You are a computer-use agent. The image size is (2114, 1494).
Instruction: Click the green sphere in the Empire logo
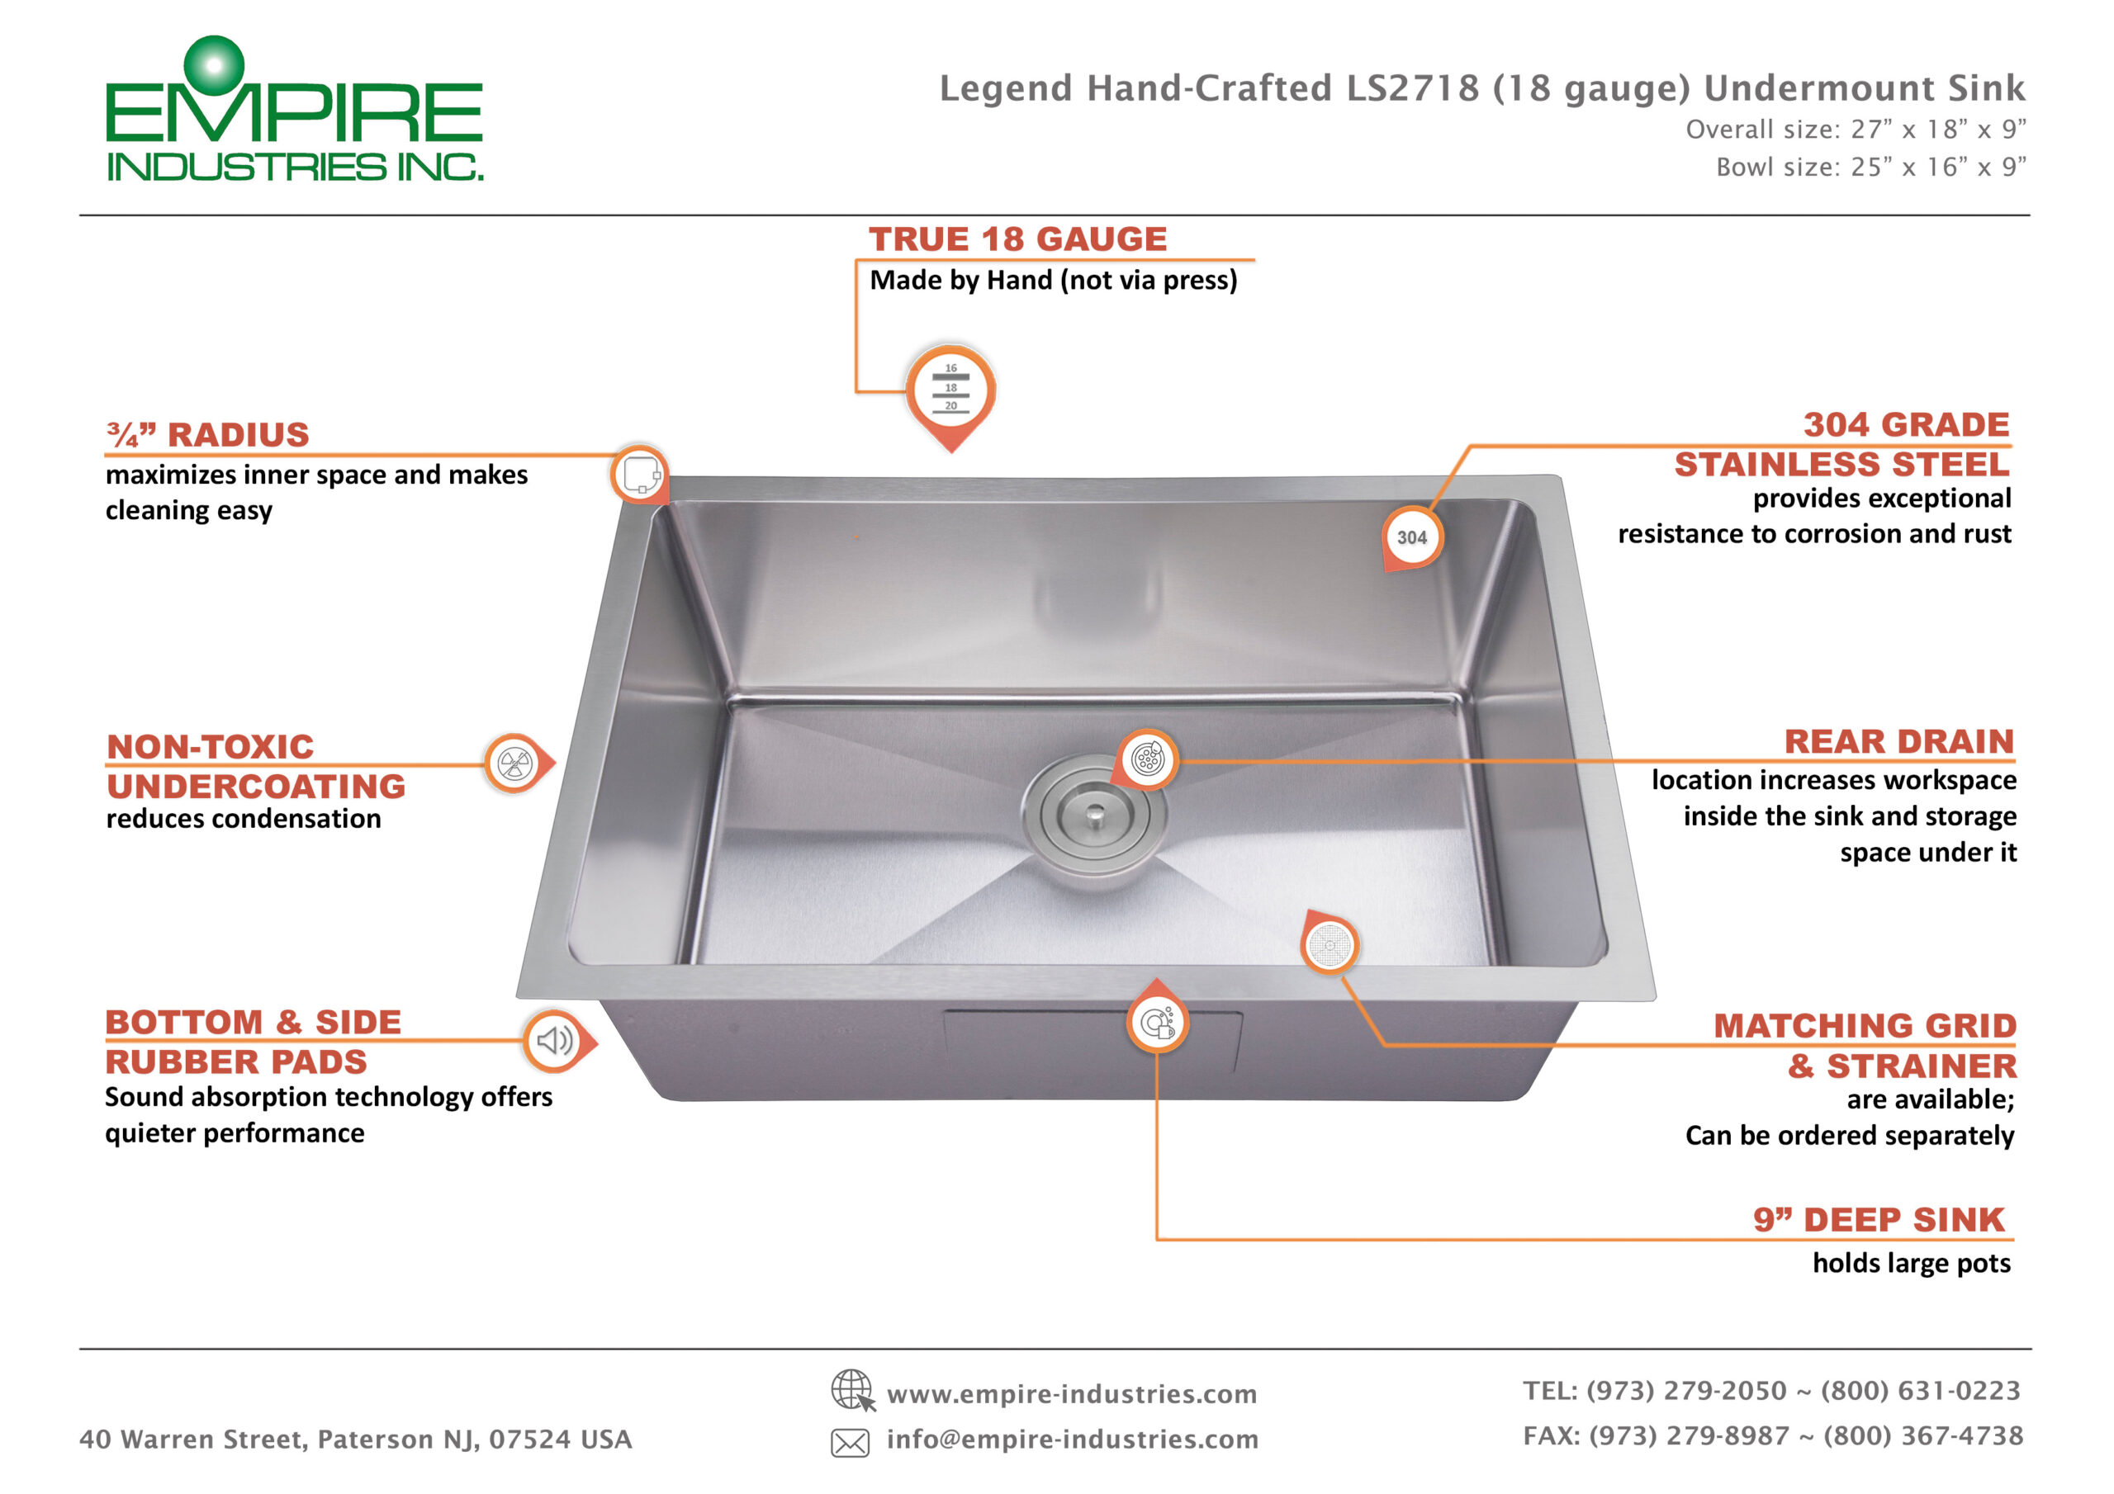[x=214, y=65]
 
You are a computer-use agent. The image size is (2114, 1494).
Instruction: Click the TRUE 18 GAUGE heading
[x=1017, y=239]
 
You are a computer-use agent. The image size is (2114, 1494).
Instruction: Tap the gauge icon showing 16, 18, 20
[x=951, y=389]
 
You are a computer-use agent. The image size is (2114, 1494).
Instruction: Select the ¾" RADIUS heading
[x=208, y=433]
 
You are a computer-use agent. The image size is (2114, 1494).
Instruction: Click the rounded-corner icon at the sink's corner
[x=640, y=474]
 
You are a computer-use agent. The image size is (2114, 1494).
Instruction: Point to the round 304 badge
[x=1411, y=537]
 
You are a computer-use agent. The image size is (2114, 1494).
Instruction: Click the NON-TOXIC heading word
[x=210, y=746]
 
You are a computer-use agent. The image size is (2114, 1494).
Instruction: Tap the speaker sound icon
[x=554, y=1041]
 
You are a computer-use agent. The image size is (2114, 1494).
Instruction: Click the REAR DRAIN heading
[x=1899, y=741]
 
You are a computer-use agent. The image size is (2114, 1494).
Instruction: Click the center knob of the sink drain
[x=1095, y=813]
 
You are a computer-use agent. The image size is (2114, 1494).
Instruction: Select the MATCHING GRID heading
[x=1865, y=1025]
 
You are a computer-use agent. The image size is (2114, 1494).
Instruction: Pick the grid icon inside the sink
[x=1330, y=945]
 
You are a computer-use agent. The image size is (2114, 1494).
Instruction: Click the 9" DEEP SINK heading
[x=1879, y=1220]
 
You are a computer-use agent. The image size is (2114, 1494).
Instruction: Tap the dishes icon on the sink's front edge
[x=1158, y=1023]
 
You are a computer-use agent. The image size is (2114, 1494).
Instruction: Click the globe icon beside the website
[x=852, y=1390]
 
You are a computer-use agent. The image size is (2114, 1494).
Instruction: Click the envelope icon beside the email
[x=850, y=1443]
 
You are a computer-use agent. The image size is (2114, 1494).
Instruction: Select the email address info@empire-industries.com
[x=1073, y=1439]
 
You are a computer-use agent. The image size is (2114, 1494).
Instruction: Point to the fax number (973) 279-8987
[x=1690, y=1436]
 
